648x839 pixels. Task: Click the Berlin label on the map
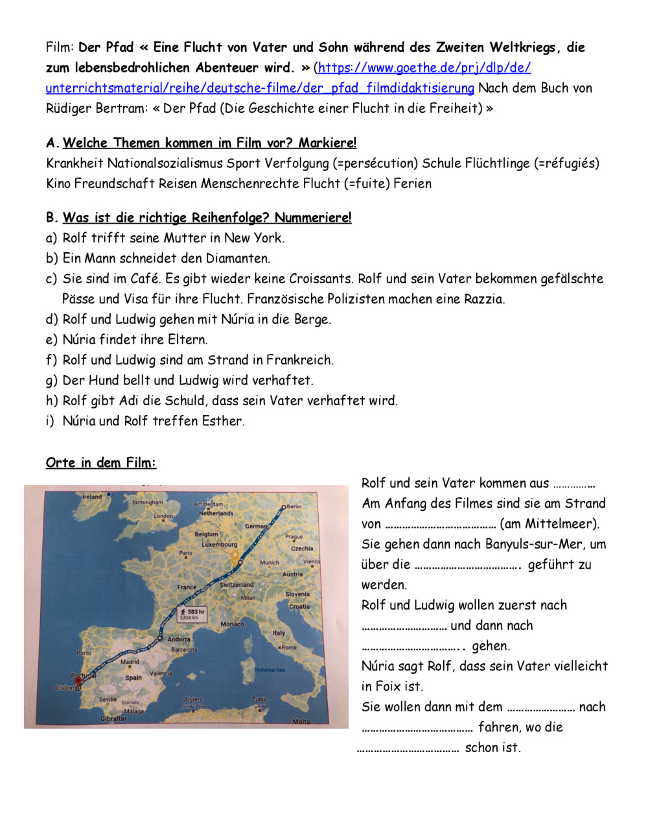[294, 506]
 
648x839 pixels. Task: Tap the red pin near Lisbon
[79, 682]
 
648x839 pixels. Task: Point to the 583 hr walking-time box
[192, 614]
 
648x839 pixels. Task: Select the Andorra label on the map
[179, 639]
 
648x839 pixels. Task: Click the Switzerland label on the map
[237, 585]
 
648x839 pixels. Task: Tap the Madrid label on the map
[130, 662]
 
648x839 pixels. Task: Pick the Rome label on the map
[289, 647]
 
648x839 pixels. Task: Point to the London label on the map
[163, 516]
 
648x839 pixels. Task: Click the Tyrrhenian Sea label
[270, 670]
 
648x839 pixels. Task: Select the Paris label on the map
[186, 553]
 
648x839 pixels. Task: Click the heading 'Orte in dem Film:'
[101, 463]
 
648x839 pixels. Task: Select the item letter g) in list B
[51, 381]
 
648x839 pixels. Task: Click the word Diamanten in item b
[237, 258]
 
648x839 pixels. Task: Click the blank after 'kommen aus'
[574, 484]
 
